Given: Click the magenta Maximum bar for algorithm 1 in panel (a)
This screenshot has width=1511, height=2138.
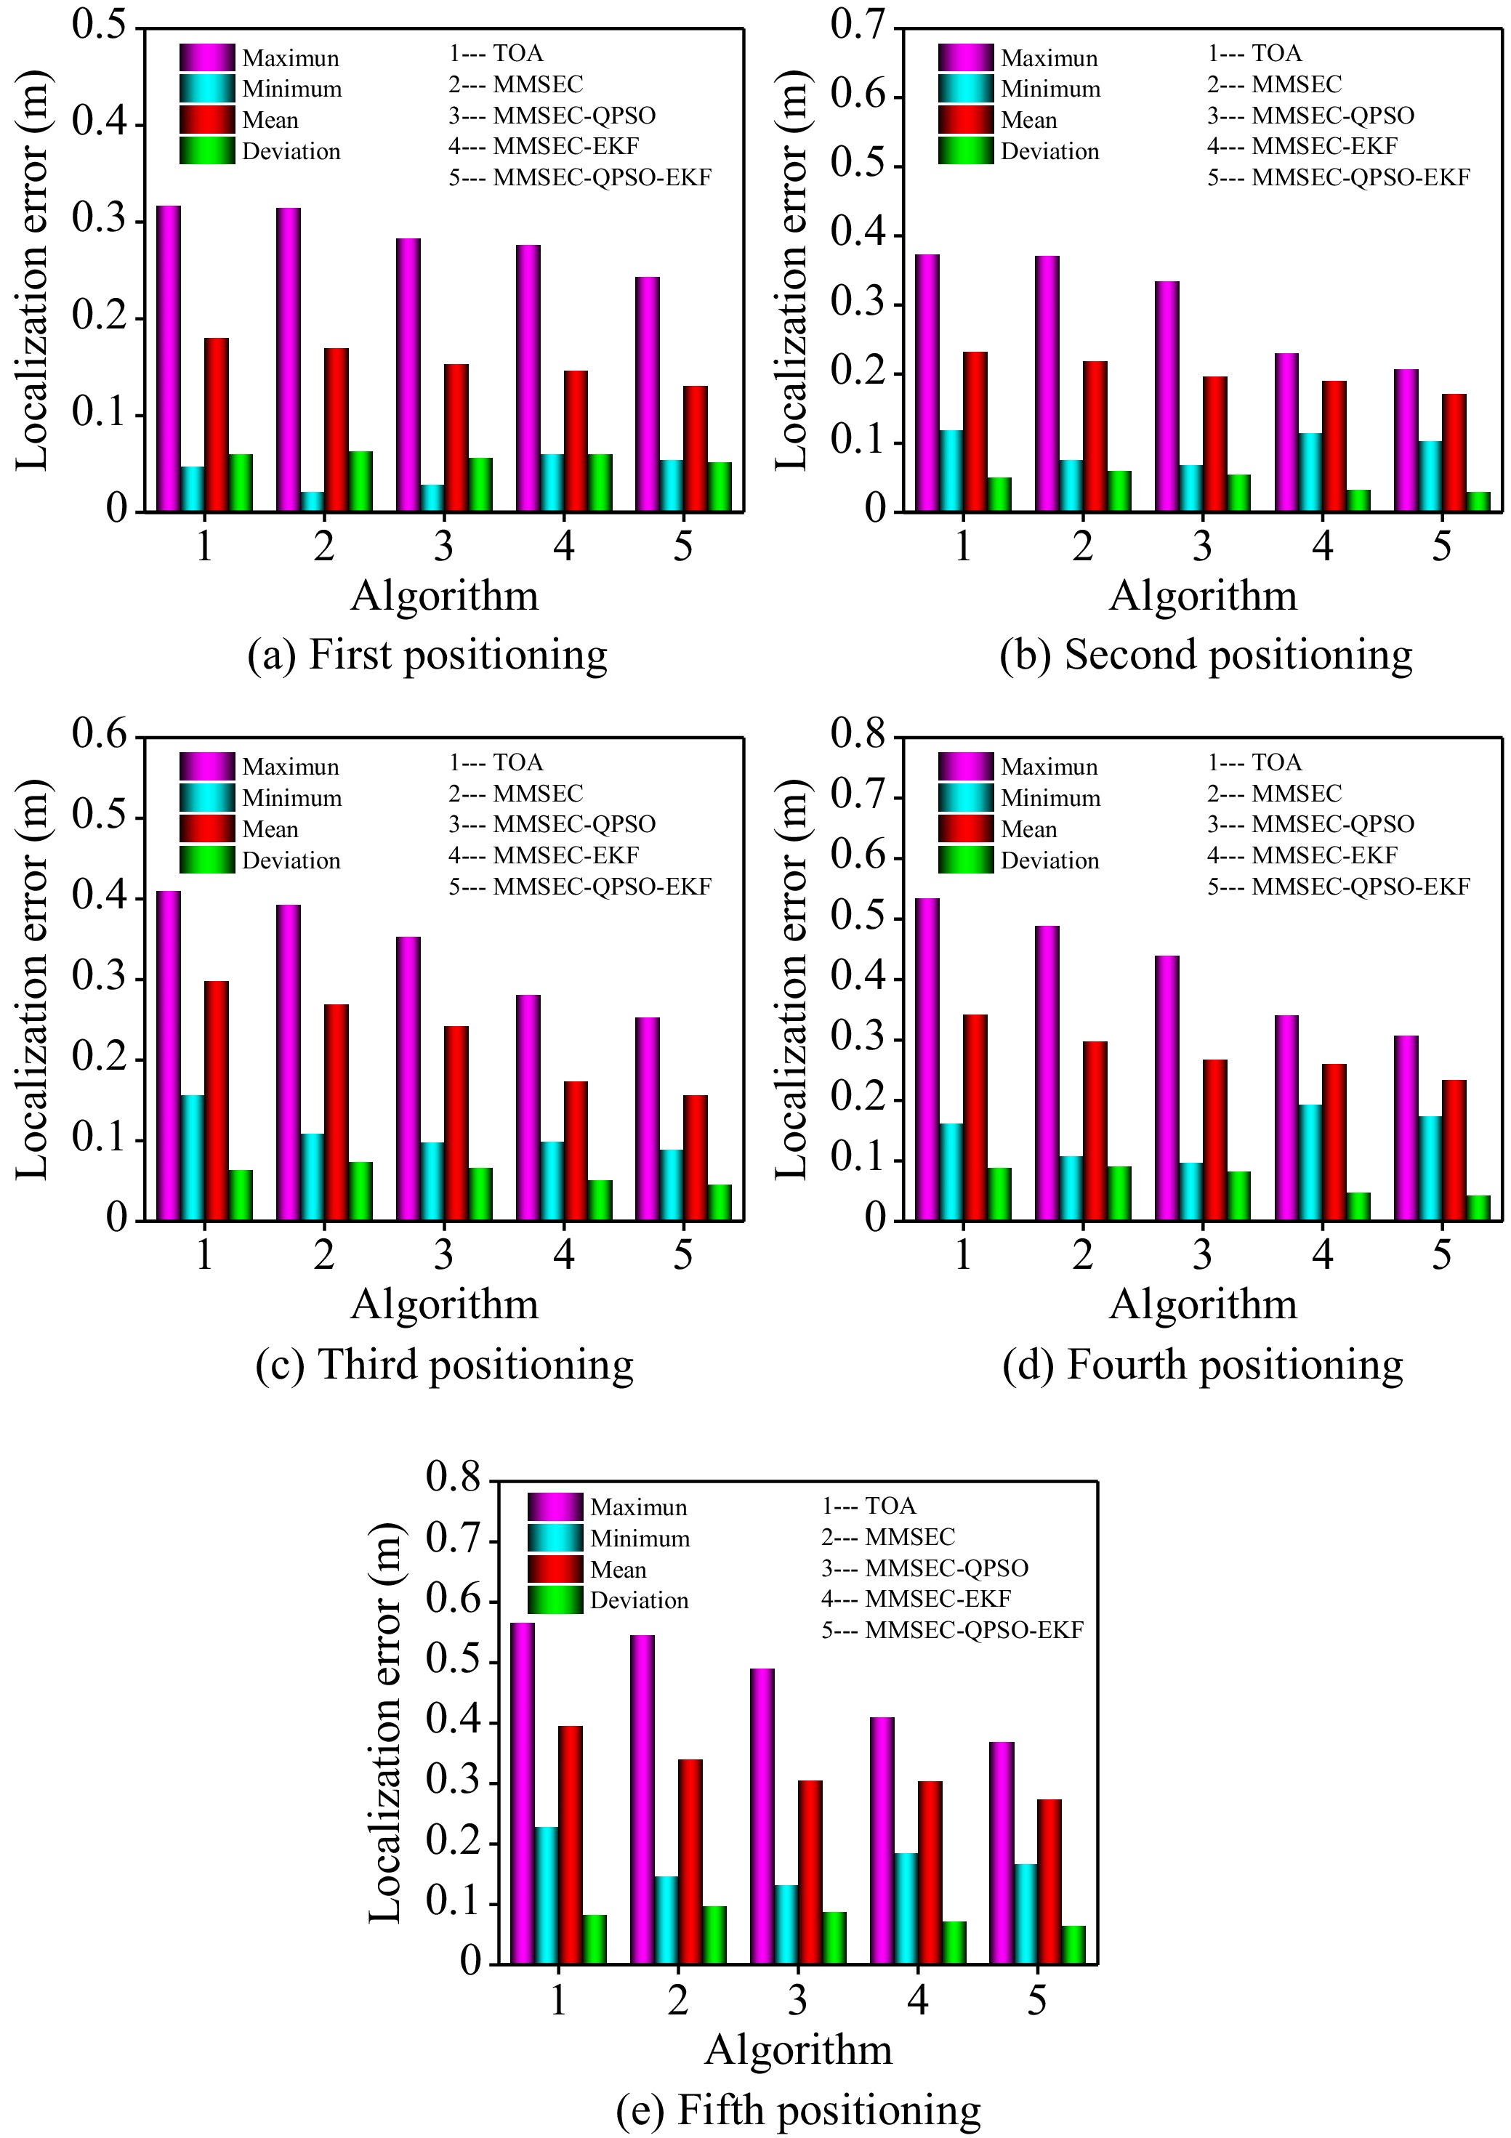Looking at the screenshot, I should pyautogui.click(x=169, y=358).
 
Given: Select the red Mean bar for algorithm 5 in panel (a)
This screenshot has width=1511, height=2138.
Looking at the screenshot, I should pyautogui.click(x=695, y=449).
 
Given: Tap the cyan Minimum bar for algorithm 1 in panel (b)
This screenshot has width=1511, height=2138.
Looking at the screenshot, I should pyautogui.click(x=951, y=471).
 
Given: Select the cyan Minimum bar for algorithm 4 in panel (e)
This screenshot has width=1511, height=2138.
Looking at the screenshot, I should pyautogui.click(x=906, y=1909).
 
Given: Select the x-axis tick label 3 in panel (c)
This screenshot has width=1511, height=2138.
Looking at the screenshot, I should pyautogui.click(x=443, y=1254).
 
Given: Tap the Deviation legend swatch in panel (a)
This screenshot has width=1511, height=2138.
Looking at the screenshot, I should pyautogui.click(x=207, y=151).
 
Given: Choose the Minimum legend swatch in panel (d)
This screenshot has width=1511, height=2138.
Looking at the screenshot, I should pyautogui.click(x=965, y=798).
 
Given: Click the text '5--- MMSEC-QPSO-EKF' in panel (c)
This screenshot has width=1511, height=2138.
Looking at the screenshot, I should pyautogui.click(x=579, y=887).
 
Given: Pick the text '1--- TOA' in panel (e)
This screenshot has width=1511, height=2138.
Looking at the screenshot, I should pyautogui.click(x=869, y=1506).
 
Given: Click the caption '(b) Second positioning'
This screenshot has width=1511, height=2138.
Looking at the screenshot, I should pyautogui.click(x=1206, y=655).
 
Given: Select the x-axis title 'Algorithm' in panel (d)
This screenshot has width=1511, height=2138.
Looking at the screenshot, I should pyautogui.click(x=1203, y=1304).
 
